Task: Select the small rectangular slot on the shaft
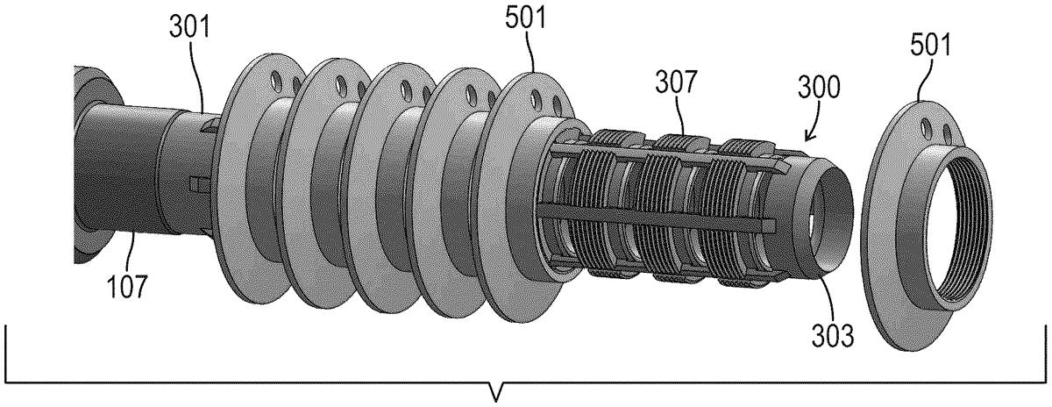pyautogui.click(x=197, y=183)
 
